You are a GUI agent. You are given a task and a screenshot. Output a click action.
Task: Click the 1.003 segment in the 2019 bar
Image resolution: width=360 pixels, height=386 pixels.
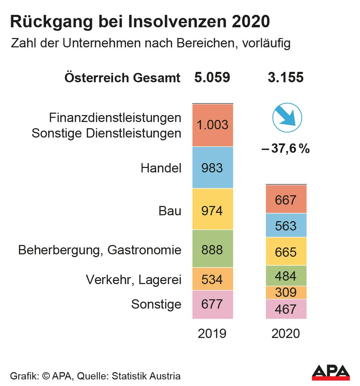pos(213,125)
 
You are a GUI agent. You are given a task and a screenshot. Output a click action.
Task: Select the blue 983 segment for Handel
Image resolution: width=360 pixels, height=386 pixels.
pos(213,168)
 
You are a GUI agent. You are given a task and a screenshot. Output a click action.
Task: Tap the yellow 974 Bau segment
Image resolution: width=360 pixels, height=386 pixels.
pos(213,209)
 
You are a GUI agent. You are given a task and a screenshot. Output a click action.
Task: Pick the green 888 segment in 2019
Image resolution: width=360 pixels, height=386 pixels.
pos(213,249)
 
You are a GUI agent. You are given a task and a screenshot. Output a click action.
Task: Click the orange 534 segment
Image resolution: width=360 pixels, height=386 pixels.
pos(213,279)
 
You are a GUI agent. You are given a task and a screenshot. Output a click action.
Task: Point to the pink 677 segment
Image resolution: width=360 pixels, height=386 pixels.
pos(213,304)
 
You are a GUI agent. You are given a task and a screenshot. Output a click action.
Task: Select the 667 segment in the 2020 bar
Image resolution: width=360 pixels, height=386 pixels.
pos(286,199)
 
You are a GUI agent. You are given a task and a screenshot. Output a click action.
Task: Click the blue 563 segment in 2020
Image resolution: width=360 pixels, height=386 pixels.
pos(286,225)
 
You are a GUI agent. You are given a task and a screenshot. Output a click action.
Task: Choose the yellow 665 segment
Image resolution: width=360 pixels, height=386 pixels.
pos(286,252)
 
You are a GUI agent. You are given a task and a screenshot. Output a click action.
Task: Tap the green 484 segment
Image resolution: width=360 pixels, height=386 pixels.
pos(286,276)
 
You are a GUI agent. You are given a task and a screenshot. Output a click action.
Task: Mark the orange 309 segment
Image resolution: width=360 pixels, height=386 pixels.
pos(286,292)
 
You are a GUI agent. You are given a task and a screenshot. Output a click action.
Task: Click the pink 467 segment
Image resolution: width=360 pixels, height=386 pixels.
pos(286,309)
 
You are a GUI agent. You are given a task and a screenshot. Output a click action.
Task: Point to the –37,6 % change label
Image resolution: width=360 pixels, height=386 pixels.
pos(286,149)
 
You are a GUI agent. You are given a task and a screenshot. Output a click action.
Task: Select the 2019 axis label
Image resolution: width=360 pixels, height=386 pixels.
pos(212,333)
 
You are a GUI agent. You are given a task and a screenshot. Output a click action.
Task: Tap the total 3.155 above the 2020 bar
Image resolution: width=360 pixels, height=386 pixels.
pos(286,77)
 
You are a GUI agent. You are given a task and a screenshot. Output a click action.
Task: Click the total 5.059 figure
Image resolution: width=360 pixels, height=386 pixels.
pos(212,77)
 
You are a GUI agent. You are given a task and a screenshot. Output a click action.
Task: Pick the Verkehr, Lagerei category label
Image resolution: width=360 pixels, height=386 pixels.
pos(133,280)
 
